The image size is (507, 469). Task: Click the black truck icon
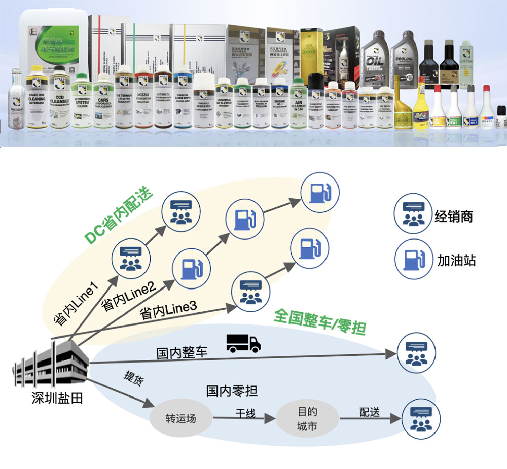coord(243,343)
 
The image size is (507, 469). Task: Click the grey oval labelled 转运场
coord(180,419)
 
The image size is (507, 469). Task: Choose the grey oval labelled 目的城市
coord(307,419)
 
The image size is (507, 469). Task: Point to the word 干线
coord(244,413)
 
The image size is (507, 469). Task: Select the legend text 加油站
coord(456,261)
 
